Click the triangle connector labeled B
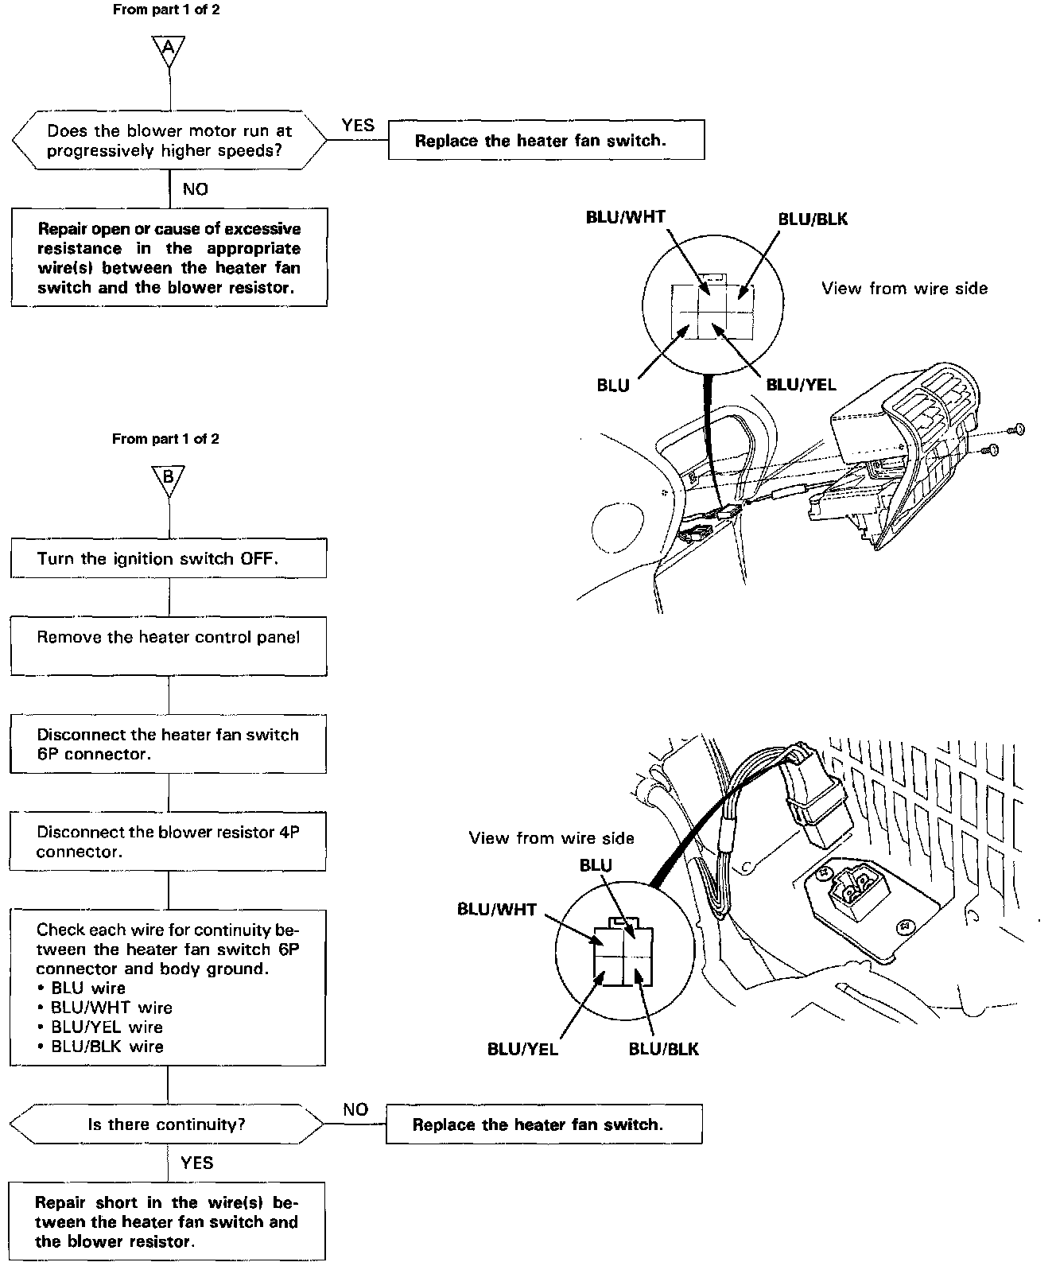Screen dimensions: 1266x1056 point(168,479)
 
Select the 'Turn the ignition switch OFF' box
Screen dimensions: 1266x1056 point(169,558)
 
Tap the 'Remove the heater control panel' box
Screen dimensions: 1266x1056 point(169,646)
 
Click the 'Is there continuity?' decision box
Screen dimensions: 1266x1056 point(167,1124)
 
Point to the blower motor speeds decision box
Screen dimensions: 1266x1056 point(169,141)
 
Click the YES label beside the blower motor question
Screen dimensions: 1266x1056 point(358,125)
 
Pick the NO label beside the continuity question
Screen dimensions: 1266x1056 point(355,1109)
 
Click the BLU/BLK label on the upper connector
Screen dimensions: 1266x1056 point(813,219)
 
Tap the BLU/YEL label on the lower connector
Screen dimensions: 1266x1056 point(522,1049)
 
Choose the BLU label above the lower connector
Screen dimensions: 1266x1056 point(596,865)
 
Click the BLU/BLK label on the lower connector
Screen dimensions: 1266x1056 point(663,1049)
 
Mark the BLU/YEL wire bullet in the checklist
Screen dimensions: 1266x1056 point(107,1027)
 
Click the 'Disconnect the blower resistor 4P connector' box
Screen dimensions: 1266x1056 point(169,841)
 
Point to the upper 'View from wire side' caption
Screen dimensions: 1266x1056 point(904,289)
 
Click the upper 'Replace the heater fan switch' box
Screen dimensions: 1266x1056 point(546,141)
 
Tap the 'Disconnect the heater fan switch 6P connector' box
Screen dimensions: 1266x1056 point(169,744)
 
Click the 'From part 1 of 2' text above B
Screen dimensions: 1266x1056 point(165,439)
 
